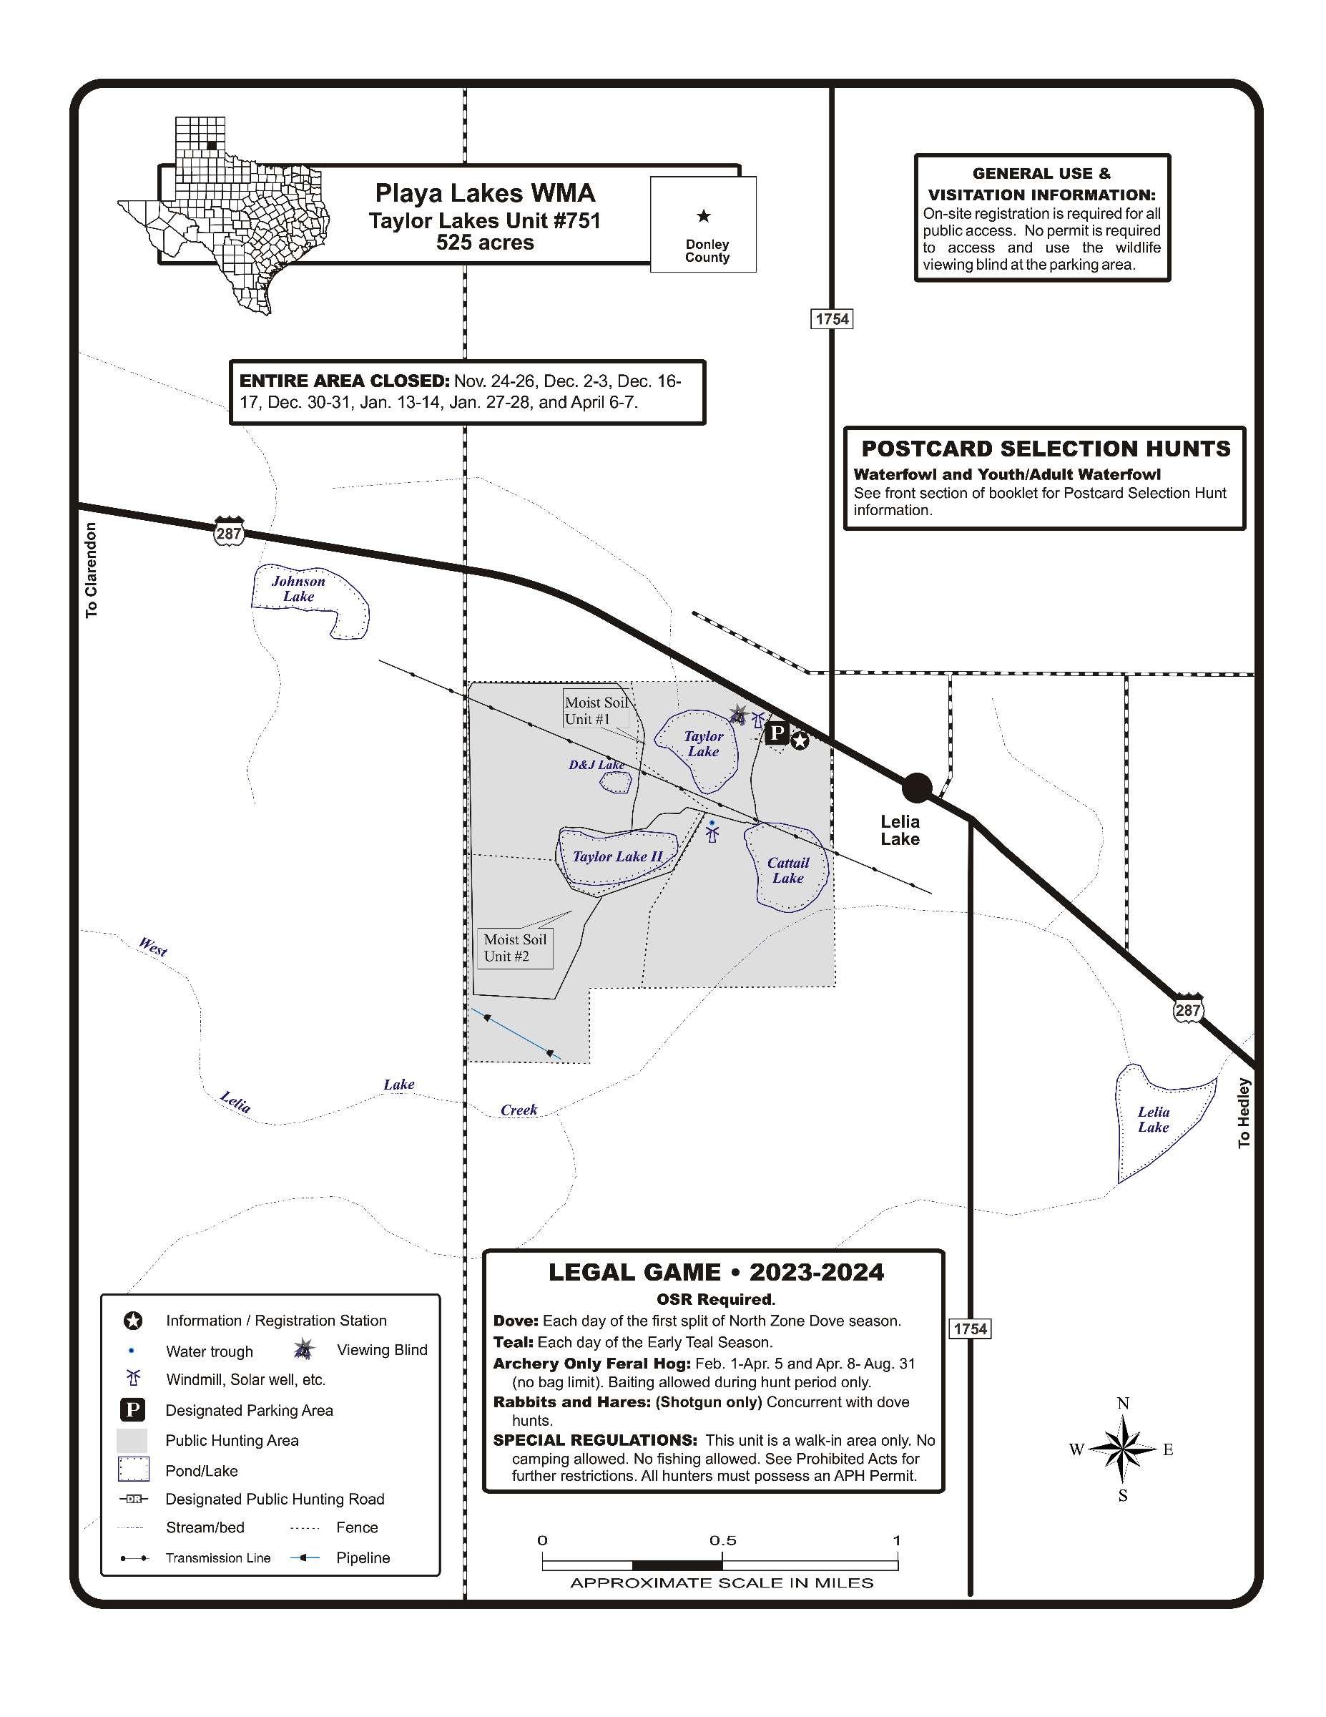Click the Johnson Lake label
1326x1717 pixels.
298,589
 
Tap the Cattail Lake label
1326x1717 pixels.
787,870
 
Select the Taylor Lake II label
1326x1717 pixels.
617,856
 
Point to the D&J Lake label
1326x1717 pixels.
596,765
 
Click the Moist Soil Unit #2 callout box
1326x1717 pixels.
515,947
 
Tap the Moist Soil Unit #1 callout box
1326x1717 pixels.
596,710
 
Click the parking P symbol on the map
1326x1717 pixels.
777,733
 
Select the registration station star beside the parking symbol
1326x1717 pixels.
800,740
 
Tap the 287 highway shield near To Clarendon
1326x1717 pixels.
229,533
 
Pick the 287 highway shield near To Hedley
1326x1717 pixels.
1188,1009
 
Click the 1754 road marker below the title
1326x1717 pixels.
832,318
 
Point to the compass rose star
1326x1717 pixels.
1123,1449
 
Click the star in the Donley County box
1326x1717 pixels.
704,216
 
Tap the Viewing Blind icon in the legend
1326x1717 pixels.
304,1351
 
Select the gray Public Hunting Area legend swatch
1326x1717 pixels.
132,1440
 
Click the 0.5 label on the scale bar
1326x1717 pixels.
722,1541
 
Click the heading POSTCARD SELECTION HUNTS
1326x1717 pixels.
1046,449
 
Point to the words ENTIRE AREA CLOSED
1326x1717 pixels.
343,381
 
